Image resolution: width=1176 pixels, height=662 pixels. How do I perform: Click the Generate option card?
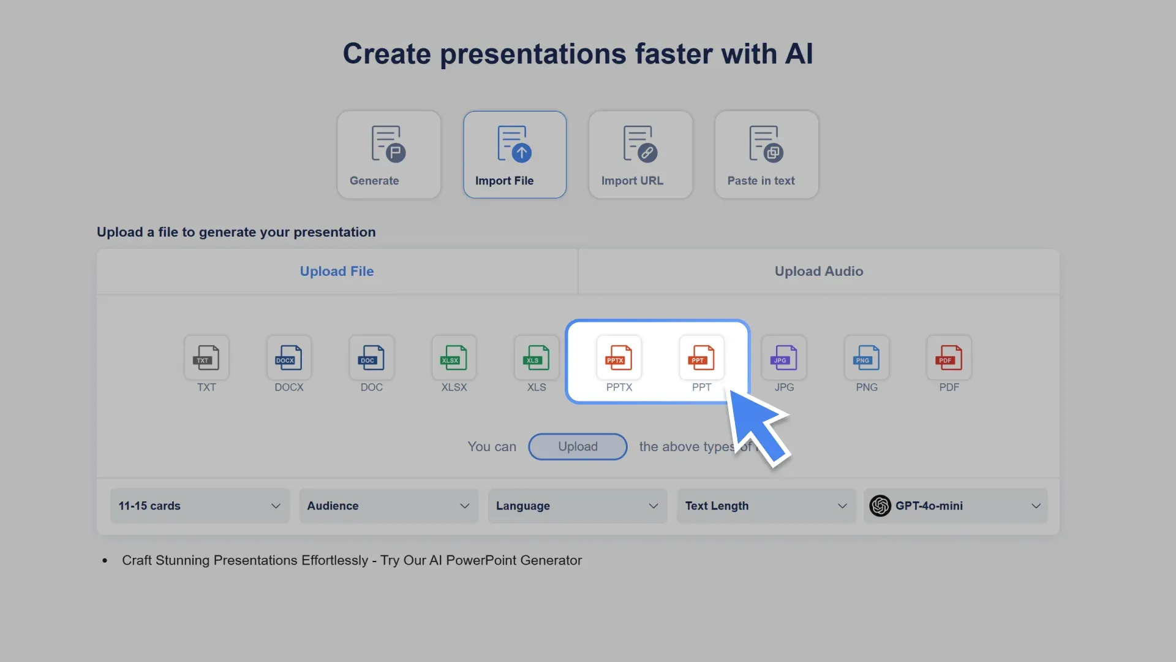click(x=389, y=154)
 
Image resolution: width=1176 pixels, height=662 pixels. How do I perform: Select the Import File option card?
click(x=514, y=154)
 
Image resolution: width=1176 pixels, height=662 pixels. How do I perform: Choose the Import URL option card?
click(x=641, y=154)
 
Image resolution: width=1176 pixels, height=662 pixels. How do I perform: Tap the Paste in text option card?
click(x=766, y=154)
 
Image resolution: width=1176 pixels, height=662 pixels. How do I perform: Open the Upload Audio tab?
click(x=819, y=272)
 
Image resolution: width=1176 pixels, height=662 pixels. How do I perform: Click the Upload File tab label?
click(x=337, y=272)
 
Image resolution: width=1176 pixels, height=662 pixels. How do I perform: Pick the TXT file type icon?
click(x=206, y=358)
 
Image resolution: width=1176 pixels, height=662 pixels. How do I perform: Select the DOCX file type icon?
click(x=289, y=358)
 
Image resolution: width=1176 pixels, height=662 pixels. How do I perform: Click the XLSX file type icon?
click(x=454, y=358)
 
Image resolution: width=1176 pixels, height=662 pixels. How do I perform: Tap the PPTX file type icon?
click(x=619, y=358)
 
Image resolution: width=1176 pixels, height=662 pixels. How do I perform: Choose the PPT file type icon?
click(x=701, y=358)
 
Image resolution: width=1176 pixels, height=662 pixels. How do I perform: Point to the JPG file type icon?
click(x=784, y=358)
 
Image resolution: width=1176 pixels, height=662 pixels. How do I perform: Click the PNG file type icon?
click(x=867, y=358)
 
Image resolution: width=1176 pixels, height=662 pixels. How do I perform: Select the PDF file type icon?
click(x=949, y=358)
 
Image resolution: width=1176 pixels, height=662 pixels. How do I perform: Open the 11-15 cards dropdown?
click(x=200, y=506)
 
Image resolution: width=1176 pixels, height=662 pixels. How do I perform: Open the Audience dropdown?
click(x=388, y=506)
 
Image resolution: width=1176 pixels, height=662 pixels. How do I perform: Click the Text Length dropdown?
click(x=766, y=506)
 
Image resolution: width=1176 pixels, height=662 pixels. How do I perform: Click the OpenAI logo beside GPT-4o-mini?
click(x=880, y=506)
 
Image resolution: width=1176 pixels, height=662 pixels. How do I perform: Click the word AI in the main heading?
click(x=799, y=54)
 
